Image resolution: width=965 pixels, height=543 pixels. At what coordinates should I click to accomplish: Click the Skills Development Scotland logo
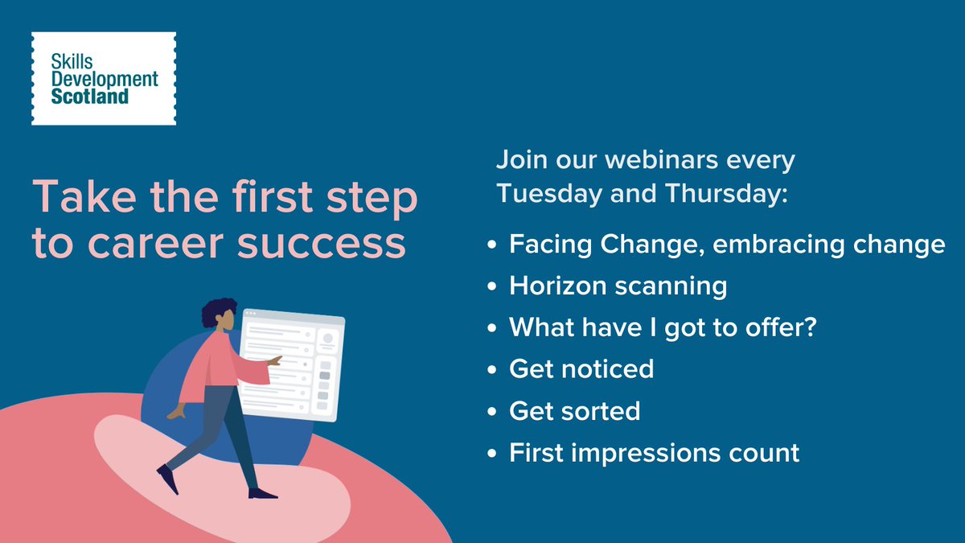pos(103,79)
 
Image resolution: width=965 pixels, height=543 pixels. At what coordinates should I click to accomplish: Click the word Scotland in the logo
pos(89,97)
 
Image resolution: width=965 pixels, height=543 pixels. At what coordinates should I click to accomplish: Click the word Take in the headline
pos(76,199)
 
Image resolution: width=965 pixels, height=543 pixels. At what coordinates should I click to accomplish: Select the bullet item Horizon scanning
pos(618,286)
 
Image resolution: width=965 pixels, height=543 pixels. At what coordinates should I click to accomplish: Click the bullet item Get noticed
pos(581,368)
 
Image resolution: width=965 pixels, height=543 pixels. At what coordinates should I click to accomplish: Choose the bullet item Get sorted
pos(574,410)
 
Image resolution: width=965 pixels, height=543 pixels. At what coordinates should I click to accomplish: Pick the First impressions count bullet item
pos(654,452)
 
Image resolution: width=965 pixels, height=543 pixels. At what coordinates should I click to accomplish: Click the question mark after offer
pos(809,327)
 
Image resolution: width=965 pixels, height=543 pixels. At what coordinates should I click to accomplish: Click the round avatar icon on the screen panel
pos(327,340)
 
